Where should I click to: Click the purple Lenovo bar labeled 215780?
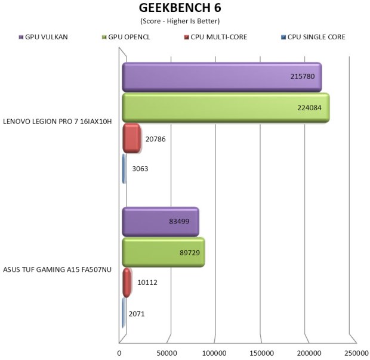[x=221, y=77]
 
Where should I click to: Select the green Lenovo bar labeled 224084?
[x=225, y=108]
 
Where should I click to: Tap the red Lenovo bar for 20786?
[x=131, y=138]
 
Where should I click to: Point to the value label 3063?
[x=140, y=169]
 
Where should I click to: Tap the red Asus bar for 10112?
[x=127, y=283]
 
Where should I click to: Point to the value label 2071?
[x=137, y=314]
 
